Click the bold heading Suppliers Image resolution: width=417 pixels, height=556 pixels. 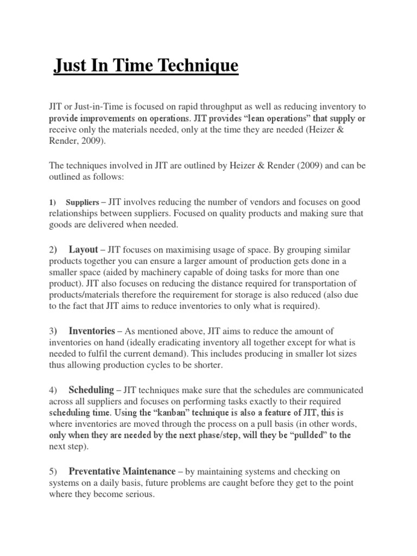point(83,203)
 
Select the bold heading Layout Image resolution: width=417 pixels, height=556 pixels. point(83,250)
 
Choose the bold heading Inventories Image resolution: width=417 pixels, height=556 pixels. point(92,331)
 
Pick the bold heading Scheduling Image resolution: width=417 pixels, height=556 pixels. point(91,390)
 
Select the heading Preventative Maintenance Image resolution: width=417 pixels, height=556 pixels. point(122,471)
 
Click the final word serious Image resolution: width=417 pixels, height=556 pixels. point(140,495)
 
